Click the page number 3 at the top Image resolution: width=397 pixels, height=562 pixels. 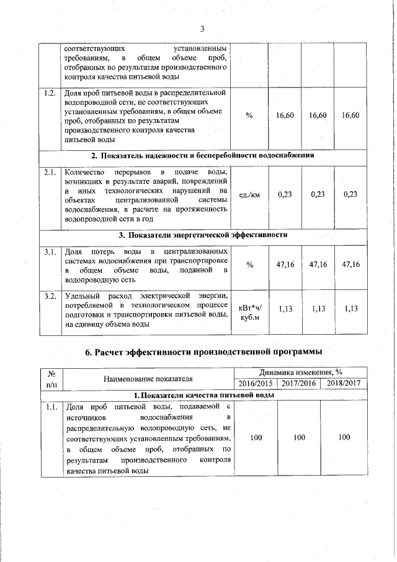(202, 27)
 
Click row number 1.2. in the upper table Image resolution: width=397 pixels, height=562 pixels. (51, 94)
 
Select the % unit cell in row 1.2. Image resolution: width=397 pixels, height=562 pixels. (249, 116)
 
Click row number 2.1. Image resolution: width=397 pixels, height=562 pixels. (51, 172)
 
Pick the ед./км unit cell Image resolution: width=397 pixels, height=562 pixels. (249, 194)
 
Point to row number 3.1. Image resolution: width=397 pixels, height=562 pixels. (51, 252)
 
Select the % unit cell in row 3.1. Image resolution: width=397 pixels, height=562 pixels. (249, 265)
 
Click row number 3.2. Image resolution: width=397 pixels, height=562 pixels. (51, 295)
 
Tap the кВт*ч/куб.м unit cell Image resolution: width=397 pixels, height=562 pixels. (249, 312)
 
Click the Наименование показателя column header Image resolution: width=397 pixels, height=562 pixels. (148, 378)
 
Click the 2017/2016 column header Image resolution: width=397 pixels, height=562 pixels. (299, 383)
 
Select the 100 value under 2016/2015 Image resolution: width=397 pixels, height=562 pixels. (256, 438)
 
